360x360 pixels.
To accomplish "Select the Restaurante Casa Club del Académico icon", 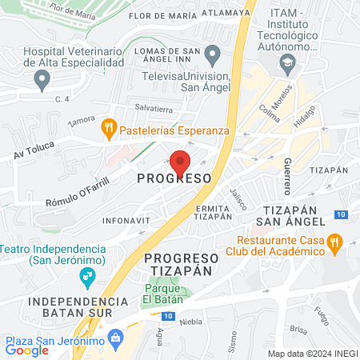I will [337, 240].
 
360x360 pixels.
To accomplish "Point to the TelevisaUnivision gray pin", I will [213, 55].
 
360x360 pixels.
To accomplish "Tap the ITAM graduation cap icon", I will [286, 62].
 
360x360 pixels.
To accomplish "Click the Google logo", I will [27, 350].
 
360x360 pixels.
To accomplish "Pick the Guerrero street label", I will [286, 174].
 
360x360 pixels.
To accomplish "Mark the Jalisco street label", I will [237, 198].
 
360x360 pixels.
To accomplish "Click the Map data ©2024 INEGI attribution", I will [312, 353].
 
